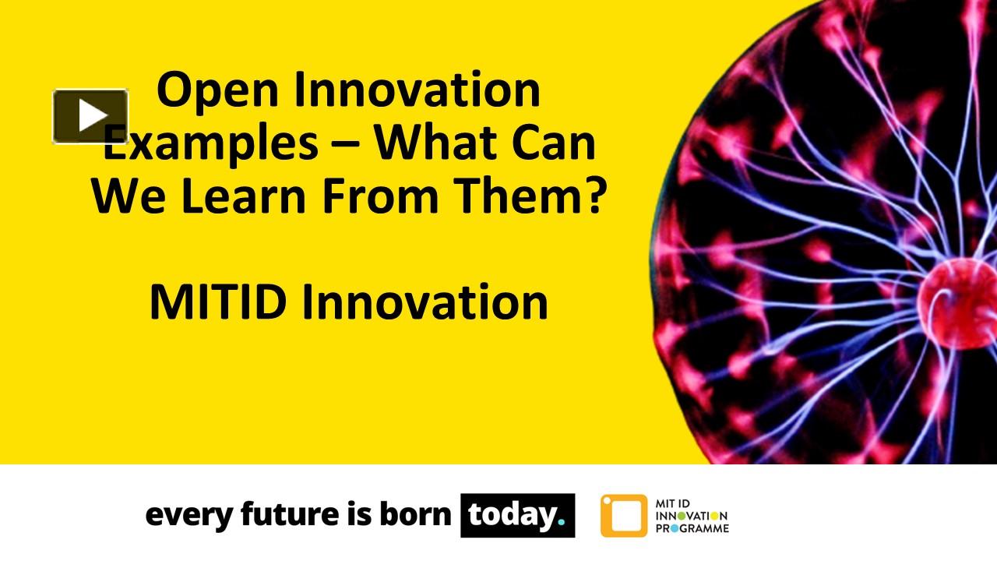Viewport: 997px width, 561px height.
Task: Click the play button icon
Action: click(x=90, y=116)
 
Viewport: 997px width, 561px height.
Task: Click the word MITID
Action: click(x=217, y=302)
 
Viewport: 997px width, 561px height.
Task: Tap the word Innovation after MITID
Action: click(x=425, y=302)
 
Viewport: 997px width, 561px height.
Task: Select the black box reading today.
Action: click(x=517, y=515)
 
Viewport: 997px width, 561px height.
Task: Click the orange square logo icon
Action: click(x=623, y=516)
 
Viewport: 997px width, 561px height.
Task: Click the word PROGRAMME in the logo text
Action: click(x=692, y=529)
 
